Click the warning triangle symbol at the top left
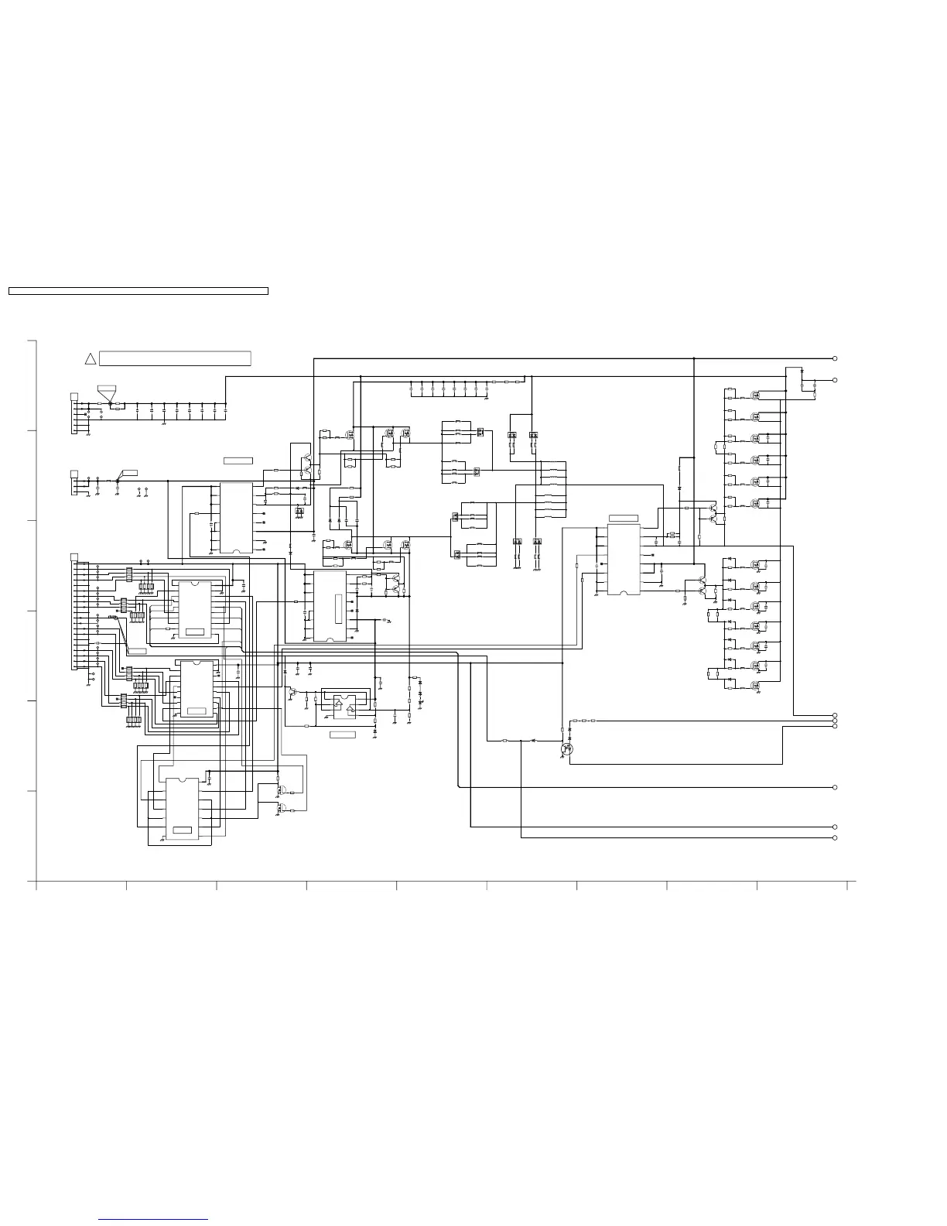coord(90,358)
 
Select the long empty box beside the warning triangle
coord(175,358)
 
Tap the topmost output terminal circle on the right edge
coord(835,358)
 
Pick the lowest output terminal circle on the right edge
coord(835,837)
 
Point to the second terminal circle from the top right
coord(835,380)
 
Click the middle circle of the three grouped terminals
coord(835,721)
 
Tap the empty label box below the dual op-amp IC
coord(343,734)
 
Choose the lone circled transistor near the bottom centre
coord(568,748)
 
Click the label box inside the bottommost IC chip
coord(183,830)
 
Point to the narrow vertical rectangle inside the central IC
coord(337,604)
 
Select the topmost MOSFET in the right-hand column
coord(756,394)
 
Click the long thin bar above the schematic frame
coord(138,291)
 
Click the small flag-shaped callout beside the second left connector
coord(129,472)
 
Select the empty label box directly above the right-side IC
coord(624,518)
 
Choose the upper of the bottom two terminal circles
coord(835,827)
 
